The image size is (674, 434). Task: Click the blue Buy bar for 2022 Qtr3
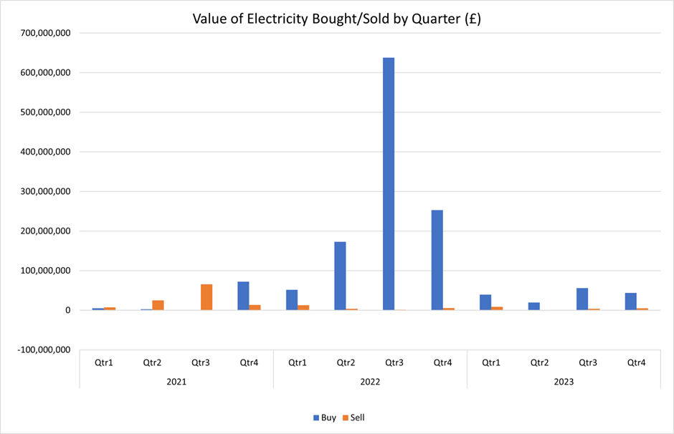point(389,184)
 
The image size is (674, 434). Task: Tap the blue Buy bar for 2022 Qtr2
point(340,276)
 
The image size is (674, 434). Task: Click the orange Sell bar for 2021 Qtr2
point(158,305)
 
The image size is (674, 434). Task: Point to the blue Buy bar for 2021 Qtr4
point(243,296)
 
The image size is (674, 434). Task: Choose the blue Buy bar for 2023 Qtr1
point(485,302)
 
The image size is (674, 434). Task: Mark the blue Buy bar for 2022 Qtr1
point(292,300)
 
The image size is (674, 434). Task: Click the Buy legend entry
point(324,417)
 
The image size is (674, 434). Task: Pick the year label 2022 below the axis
point(371,382)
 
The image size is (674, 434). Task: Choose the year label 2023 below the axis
point(564,382)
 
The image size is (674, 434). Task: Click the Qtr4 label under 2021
point(249,363)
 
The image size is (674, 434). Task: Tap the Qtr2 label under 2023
point(540,363)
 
